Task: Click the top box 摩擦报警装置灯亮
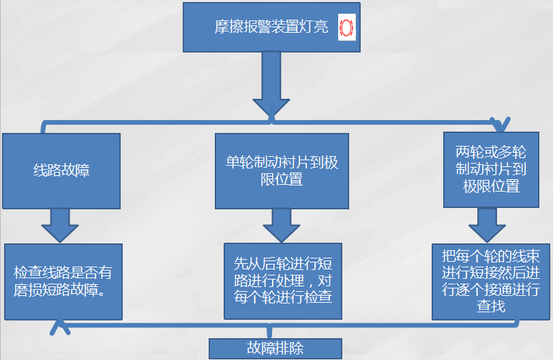[x=272, y=27]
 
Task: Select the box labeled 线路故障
[x=61, y=170]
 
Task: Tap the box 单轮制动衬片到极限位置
[x=282, y=170]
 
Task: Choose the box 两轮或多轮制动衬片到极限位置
[x=491, y=168]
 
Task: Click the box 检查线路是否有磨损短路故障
[x=63, y=281]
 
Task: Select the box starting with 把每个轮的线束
[x=491, y=281]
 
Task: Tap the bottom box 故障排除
[x=274, y=348]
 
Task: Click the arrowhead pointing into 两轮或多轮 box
[x=503, y=125]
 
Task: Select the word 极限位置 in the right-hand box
[x=491, y=186]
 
